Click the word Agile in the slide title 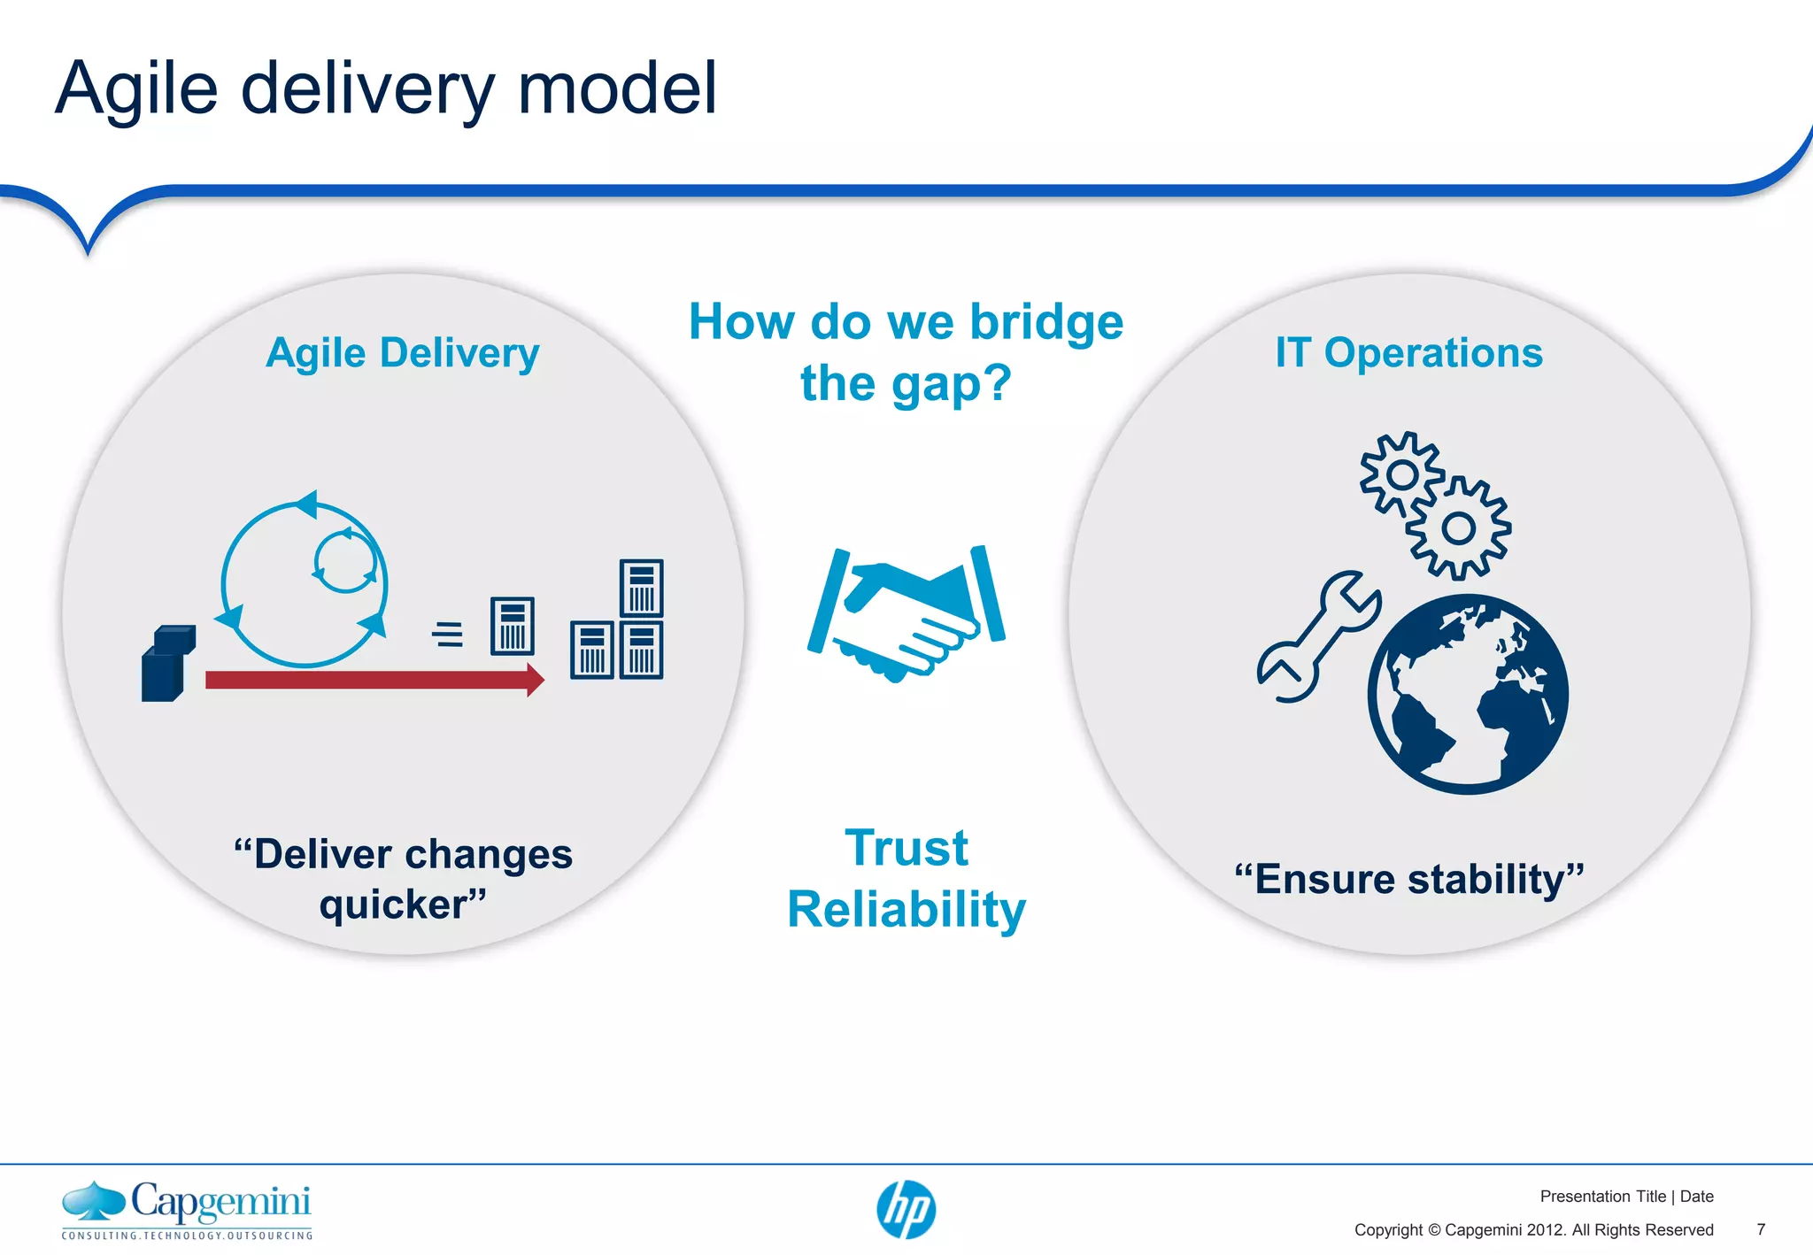click(x=136, y=89)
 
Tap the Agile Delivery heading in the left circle click(x=403, y=353)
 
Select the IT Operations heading click(x=1408, y=353)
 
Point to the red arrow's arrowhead click(x=535, y=680)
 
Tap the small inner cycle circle click(x=345, y=561)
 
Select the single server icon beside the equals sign click(x=513, y=626)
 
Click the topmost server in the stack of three click(x=641, y=588)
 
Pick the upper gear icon click(x=1401, y=475)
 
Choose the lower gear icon click(x=1458, y=529)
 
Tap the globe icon click(x=1468, y=695)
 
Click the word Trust click(x=906, y=848)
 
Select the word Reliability click(x=906, y=910)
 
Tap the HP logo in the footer click(x=906, y=1210)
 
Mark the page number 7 click(x=1761, y=1229)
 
